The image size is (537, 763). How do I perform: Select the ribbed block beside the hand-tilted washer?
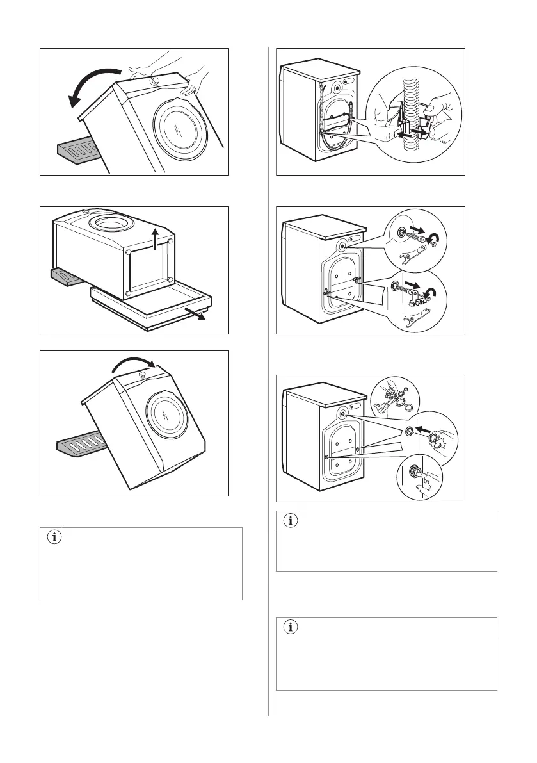(x=76, y=151)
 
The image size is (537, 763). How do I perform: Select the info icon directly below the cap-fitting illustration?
(x=290, y=521)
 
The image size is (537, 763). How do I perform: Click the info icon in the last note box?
(x=290, y=628)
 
